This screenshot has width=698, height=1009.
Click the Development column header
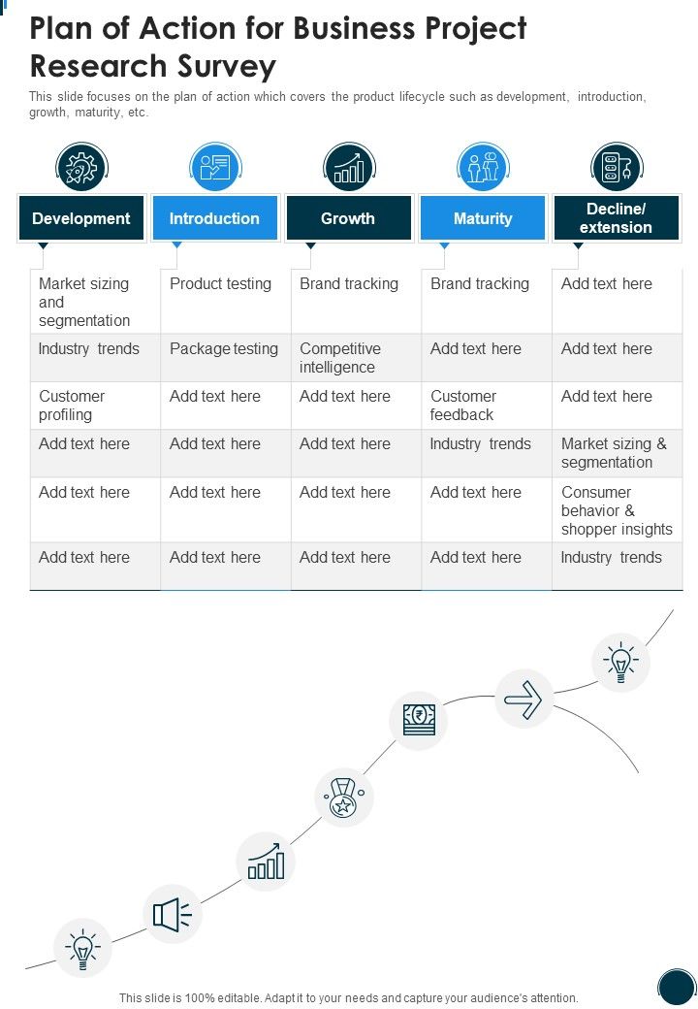tap(81, 218)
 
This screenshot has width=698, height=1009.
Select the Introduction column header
tap(214, 218)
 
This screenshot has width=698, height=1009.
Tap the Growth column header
tap(348, 218)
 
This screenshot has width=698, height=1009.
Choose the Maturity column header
tap(483, 218)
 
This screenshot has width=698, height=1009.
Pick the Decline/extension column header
tap(616, 218)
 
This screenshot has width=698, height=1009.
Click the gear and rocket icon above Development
tap(81, 167)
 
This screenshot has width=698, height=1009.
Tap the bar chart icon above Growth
tap(349, 167)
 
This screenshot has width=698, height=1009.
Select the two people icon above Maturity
tap(484, 167)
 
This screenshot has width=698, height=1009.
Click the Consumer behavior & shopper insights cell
tap(617, 510)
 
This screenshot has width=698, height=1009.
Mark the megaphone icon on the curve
tap(173, 914)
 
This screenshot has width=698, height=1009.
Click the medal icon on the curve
tap(344, 797)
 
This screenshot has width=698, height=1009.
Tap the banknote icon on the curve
tap(419, 720)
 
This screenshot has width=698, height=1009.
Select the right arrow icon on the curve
tap(523, 700)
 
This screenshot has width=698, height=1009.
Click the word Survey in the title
tap(217, 66)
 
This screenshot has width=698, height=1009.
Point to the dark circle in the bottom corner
tap(677, 987)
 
